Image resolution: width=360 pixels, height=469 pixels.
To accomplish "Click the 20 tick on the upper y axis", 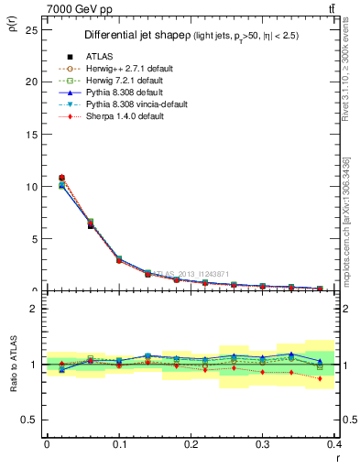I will (x=31, y=82).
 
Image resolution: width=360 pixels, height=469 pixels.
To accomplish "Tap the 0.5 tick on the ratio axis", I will (x=29, y=420).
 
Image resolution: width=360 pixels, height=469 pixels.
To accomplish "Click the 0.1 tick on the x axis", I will (x=119, y=444).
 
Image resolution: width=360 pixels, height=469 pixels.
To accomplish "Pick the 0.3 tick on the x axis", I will (x=263, y=444).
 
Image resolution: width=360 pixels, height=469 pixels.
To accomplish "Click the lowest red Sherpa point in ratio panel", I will (x=320, y=378).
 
